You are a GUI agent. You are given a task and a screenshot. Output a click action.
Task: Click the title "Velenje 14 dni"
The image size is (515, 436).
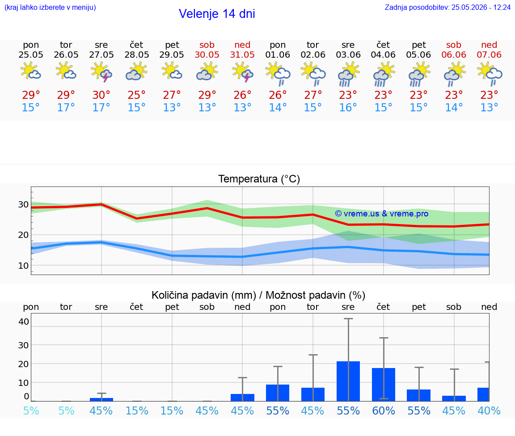coord(217,14)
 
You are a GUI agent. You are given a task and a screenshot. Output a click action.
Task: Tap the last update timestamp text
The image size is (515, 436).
coord(447,7)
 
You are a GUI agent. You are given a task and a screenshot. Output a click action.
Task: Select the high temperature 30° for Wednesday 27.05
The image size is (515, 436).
coord(101,95)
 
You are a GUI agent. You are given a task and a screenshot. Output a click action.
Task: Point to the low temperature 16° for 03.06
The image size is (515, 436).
coord(348,107)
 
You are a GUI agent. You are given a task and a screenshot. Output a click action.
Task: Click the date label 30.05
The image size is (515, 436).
coord(207,55)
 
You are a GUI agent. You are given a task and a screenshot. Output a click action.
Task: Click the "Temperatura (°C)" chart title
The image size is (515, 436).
coord(259,179)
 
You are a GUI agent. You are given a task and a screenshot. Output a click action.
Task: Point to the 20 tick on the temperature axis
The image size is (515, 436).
coord(23,235)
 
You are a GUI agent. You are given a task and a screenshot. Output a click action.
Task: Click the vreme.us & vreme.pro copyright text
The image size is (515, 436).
coord(382,214)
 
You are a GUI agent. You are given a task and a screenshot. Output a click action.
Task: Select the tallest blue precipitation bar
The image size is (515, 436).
coord(348,381)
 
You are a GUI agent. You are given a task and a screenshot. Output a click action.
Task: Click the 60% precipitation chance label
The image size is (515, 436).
coord(384,411)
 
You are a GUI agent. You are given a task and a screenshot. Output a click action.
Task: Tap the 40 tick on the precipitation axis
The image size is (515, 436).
coord(24,322)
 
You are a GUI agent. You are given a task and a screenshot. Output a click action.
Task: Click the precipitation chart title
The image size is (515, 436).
coord(258,295)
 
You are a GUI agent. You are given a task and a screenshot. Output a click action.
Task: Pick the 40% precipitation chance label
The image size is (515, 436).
coord(489,411)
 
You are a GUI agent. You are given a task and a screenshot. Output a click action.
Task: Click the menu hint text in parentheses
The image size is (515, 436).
coord(50,7)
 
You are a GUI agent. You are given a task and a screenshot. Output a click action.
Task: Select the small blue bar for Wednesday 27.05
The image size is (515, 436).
coord(101,399)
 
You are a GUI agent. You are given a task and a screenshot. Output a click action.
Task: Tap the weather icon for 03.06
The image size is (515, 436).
coord(348,75)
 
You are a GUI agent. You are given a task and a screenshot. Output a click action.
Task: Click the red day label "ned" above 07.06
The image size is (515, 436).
coord(489,45)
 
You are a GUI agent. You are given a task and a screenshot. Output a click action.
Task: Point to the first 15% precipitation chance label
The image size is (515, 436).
coord(137,411)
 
